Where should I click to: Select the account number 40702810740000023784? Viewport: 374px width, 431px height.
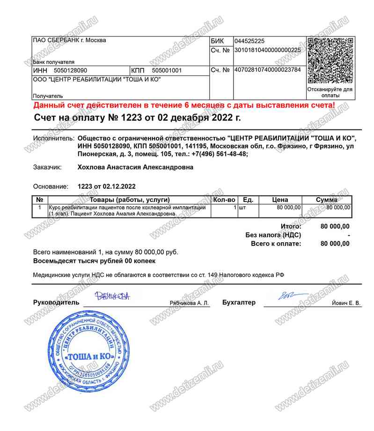267,70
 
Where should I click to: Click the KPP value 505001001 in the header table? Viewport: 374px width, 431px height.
167,71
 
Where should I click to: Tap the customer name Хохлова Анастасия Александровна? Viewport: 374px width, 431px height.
135,167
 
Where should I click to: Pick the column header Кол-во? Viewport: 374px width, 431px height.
224,200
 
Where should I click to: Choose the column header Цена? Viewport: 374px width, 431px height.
280,200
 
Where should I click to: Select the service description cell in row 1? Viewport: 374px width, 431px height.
127,210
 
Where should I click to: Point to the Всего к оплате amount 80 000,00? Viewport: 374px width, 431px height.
335,244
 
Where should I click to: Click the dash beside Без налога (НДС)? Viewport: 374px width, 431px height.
349,235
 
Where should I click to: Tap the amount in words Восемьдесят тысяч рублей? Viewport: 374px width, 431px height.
94,260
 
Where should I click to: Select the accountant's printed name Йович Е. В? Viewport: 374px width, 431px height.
345,304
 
